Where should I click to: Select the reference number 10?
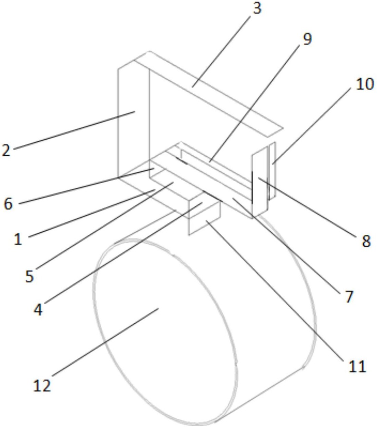[x=365, y=84]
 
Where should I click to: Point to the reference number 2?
[x=6, y=150]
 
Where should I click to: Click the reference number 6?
[x=8, y=204]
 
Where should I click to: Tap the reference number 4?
[x=38, y=310]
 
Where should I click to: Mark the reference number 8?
[x=366, y=241]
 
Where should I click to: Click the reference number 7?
[x=349, y=297]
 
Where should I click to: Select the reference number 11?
[x=357, y=366]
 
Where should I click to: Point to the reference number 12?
[x=42, y=386]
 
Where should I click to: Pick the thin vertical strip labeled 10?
[x=272, y=171]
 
